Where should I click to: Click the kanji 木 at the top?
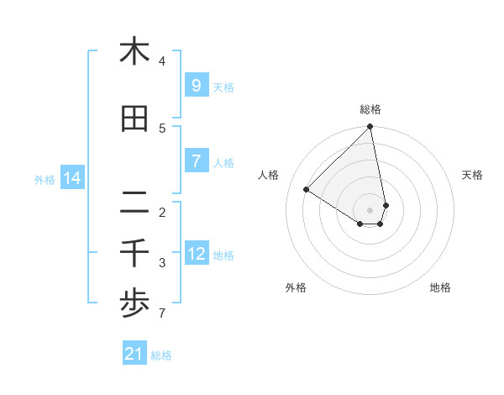point(134,52)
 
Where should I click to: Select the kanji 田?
point(134,119)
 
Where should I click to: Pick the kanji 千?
point(134,253)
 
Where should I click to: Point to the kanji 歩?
point(134,305)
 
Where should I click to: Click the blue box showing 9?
point(196,86)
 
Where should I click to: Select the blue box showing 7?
point(196,161)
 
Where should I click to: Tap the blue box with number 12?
point(196,254)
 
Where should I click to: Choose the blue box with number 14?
point(72,178)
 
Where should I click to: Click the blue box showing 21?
point(134,354)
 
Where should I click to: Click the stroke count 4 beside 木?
point(162,61)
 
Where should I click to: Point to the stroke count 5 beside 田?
point(162,129)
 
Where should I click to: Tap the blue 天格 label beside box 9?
point(223,87)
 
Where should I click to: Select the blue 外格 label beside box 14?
point(45,179)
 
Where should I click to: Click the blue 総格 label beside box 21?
point(161,355)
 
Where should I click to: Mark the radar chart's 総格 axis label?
point(370,109)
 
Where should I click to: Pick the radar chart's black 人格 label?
point(269,175)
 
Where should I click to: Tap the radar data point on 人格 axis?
point(307,190)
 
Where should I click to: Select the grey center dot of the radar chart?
point(370,209)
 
